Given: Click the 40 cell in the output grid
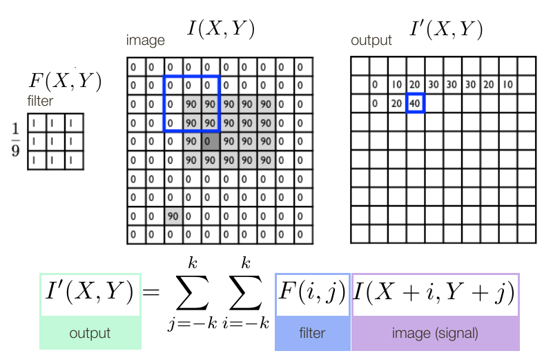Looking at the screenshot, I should click(x=415, y=104).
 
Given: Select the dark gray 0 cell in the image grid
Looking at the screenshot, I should click(x=210, y=142).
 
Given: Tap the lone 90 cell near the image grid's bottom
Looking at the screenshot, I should click(x=173, y=216).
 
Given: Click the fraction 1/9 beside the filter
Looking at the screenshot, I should click(x=15, y=140).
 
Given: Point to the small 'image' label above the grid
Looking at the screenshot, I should click(x=145, y=40).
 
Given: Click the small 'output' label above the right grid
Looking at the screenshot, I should click(x=371, y=40).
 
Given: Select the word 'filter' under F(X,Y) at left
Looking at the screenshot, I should click(x=39, y=102).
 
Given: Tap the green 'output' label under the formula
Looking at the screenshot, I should click(x=90, y=333).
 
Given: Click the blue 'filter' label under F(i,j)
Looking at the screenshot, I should click(x=312, y=333).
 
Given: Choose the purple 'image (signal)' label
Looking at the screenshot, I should click(x=435, y=333).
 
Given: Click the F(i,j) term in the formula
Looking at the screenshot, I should click(x=312, y=293).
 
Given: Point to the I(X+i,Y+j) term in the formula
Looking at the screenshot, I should click(x=435, y=293).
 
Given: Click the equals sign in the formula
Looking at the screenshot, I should click(x=151, y=293).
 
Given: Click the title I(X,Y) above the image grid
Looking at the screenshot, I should click(x=220, y=29).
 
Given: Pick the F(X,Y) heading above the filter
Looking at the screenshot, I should click(x=64, y=82).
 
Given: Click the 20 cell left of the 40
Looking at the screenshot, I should click(x=396, y=104).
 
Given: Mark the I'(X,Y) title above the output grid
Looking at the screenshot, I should click(x=445, y=29).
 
